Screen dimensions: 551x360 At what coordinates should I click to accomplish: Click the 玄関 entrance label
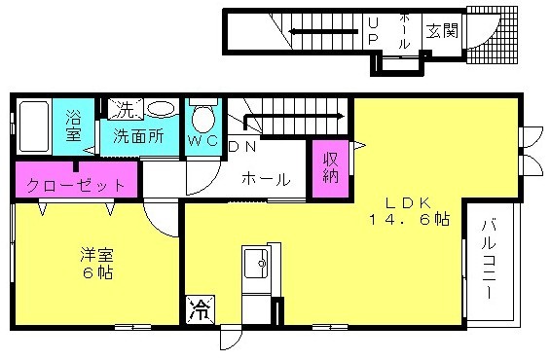[442, 31]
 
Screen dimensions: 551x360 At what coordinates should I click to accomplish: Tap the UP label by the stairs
[373, 31]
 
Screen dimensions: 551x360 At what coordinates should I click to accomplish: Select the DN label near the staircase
[242, 147]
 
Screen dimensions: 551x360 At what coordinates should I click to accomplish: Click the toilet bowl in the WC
[202, 118]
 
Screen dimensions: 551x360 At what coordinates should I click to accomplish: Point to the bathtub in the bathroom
[33, 126]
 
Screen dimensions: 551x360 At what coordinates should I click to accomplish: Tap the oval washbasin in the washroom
[161, 108]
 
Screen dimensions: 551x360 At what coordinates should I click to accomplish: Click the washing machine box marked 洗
[126, 110]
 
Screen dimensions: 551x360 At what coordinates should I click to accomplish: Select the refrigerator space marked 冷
[200, 309]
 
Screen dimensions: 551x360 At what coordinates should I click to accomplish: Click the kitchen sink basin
[256, 263]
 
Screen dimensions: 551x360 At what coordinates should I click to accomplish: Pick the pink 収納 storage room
[331, 168]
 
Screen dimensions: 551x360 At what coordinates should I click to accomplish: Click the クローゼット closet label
[76, 185]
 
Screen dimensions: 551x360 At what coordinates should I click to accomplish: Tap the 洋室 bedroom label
[96, 255]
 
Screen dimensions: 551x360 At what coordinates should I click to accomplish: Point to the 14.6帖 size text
[409, 220]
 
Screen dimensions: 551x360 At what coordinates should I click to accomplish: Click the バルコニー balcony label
[489, 259]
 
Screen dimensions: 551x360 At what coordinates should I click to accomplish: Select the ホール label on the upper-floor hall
[266, 179]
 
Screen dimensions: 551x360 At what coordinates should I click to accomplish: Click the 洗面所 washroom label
[139, 136]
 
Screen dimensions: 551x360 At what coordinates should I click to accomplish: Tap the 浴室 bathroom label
[73, 126]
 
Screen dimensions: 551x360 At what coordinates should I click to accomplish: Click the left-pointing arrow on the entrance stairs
[323, 32]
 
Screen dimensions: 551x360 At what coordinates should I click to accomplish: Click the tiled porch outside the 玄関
[493, 35]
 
